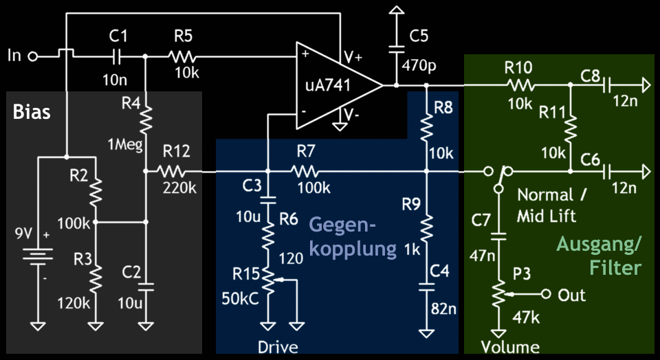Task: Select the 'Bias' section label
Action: click(x=32, y=112)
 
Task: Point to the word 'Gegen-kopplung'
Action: click(x=352, y=236)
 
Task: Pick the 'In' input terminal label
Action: click(x=14, y=56)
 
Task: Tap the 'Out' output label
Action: click(x=572, y=295)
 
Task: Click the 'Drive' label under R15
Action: click(x=278, y=347)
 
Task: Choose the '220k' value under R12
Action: click(x=177, y=186)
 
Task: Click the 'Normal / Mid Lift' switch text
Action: click(x=553, y=205)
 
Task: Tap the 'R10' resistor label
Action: click(x=518, y=67)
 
